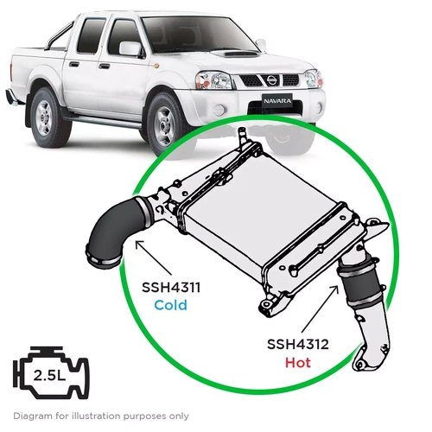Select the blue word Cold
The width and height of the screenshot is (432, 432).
coord(170,305)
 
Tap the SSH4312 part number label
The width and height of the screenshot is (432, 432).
coord(295,343)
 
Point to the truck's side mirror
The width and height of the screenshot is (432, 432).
coord(130,48)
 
